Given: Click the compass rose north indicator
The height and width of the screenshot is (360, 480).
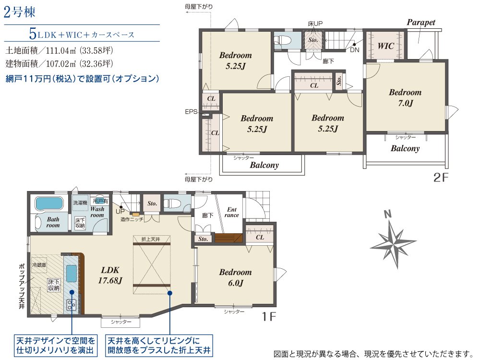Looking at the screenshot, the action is (x=393, y=240).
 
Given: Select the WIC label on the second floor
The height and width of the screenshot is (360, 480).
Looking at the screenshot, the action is (x=386, y=46).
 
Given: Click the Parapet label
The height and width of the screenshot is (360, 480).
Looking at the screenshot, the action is (x=421, y=23).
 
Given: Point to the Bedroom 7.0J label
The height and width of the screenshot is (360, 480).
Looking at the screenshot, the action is (x=405, y=97).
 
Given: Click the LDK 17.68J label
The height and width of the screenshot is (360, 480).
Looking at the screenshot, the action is (x=110, y=275).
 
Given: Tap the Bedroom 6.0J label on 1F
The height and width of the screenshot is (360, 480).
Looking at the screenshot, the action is (x=235, y=277).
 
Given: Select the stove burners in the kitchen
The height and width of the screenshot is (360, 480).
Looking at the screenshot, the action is (x=72, y=305).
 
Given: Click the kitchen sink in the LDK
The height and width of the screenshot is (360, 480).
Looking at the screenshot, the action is (x=71, y=274).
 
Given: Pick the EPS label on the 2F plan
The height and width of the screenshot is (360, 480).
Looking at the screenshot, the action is (x=191, y=112).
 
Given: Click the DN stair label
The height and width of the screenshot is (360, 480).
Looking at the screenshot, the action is (x=355, y=50).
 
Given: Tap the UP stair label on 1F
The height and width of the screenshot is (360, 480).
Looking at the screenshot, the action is (x=120, y=211).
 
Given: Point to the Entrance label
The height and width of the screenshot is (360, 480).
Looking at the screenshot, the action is (x=231, y=212).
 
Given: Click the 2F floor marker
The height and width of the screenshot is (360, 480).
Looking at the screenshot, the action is (x=441, y=177).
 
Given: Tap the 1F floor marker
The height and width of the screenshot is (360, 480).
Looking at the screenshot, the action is (x=269, y=316).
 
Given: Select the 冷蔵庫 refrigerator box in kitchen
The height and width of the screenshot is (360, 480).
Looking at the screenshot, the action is (x=39, y=265).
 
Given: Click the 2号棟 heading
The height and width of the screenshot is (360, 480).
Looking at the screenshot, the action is (x=20, y=12).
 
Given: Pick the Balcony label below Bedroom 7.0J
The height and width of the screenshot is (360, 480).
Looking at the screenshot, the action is (x=405, y=148).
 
